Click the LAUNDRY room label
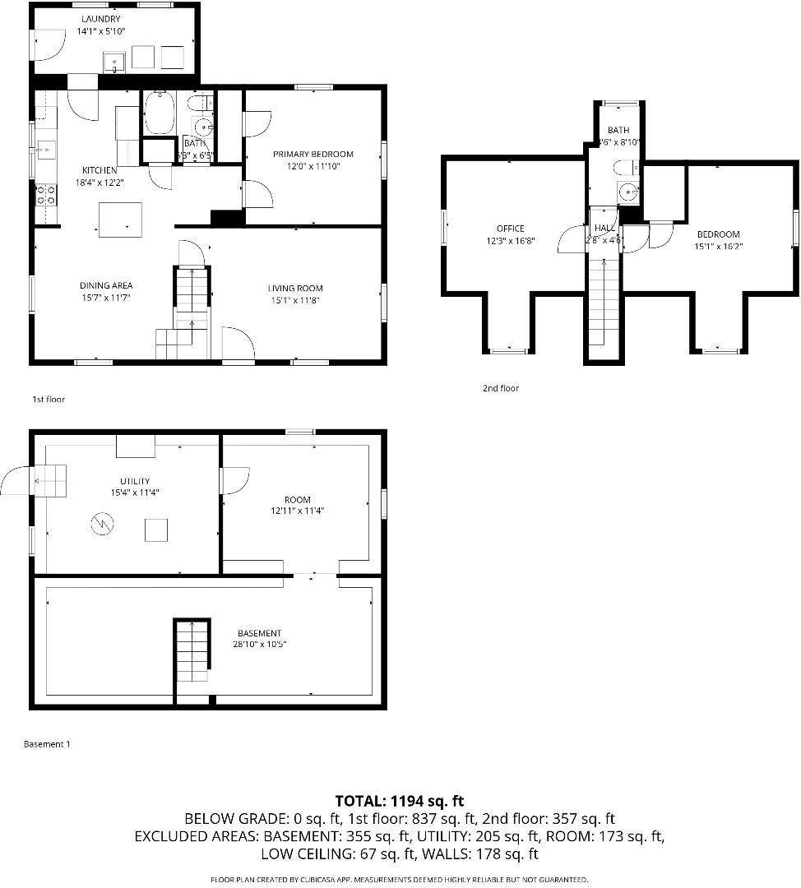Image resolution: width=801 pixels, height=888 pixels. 101,19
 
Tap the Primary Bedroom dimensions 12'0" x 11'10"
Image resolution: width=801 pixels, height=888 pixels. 313,166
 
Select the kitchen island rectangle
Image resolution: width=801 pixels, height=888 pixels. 119,220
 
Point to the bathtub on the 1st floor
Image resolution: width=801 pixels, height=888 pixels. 158,113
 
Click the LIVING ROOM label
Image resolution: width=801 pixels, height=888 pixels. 295,288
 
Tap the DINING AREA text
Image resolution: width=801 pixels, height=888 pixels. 106,285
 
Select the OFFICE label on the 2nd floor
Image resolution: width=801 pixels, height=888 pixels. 510,229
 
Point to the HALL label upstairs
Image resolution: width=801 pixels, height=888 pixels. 604,228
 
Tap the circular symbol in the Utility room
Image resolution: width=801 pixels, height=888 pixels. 102,522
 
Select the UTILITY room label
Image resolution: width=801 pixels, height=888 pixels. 134,481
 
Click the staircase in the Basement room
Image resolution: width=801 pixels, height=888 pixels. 191,652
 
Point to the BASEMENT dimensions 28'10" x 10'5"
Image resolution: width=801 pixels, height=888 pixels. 260,645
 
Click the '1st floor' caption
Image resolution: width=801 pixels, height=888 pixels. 48,399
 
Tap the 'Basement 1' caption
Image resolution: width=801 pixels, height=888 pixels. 47,744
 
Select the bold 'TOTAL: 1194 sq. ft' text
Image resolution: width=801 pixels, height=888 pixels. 400,800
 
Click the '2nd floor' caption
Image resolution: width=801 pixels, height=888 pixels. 501,388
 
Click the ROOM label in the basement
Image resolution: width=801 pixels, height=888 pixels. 298,499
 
